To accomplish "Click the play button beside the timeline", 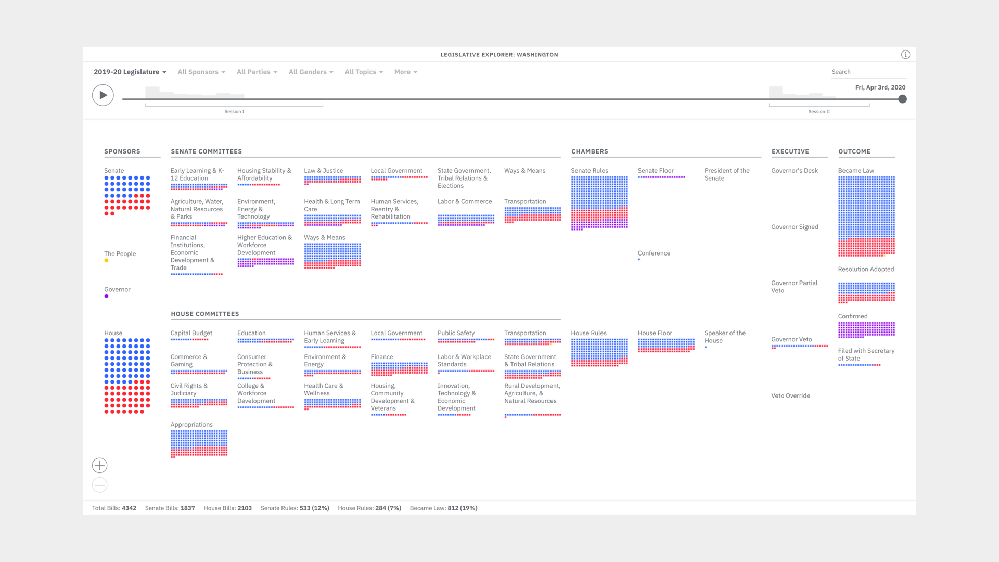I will [103, 95].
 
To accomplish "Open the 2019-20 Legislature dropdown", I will [130, 72].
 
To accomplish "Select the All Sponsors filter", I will [201, 72].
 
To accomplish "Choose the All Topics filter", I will [363, 72].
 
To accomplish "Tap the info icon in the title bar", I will [905, 55].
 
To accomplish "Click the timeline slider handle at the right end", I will [903, 99].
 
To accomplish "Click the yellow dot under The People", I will [107, 261].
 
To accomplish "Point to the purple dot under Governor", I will [107, 296].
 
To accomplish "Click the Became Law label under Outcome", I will [856, 171].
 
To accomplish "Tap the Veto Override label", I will [790, 396].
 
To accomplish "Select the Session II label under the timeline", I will [819, 112].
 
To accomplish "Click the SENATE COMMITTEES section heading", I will [206, 152].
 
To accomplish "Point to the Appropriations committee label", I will [191, 425].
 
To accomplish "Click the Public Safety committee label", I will [456, 334].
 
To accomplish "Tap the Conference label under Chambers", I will [654, 253].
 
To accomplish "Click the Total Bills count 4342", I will [129, 508].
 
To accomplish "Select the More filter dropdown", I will [405, 72].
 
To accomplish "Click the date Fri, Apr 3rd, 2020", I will [880, 87].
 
